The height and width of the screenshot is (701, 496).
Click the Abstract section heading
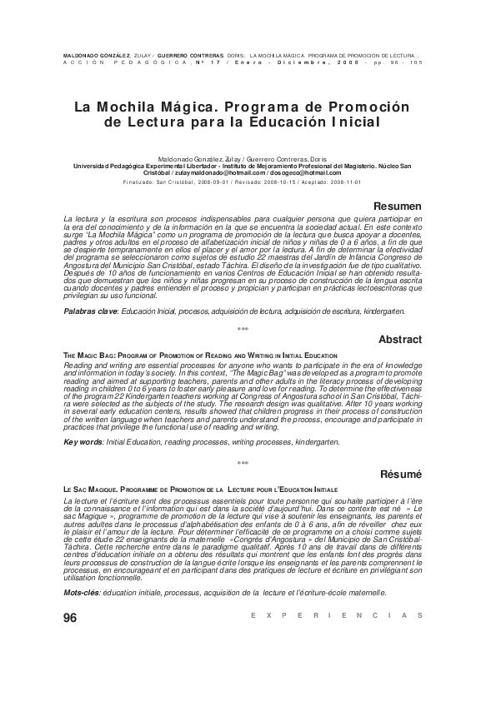click(400, 340)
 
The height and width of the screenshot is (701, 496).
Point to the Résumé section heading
click(401, 474)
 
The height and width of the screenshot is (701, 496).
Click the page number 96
click(70, 617)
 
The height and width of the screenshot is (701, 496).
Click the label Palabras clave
click(91, 311)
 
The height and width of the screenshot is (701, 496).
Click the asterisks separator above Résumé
click(243, 464)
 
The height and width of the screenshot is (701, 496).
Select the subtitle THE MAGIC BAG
click(88, 355)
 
